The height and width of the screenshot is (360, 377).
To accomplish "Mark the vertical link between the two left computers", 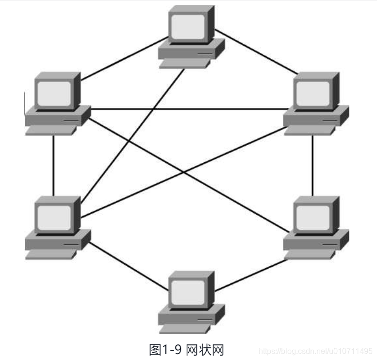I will [53, 165].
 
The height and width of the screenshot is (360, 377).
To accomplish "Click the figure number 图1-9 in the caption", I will [165, 348].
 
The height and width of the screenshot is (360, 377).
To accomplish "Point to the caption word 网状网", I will [205, 348].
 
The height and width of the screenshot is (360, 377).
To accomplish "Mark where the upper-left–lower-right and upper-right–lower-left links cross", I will [183, 171].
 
